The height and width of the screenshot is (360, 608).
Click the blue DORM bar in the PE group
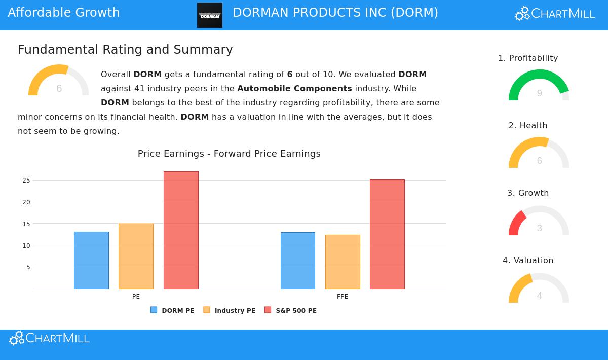(x=91, y=260)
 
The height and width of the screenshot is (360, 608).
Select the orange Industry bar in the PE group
(x=136, y=256)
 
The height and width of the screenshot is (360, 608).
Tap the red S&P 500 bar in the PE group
(x=181, y=230)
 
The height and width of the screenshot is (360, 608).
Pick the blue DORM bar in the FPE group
(x=298, y=261)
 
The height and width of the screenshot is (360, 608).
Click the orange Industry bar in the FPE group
(x=343, y=262)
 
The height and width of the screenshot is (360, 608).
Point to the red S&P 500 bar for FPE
(x=387, y=234)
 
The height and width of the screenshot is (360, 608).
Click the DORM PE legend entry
(x=172, y=310)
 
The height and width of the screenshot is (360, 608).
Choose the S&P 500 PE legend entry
(x=290, y=310)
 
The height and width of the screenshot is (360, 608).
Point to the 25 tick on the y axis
(x=26, y=181)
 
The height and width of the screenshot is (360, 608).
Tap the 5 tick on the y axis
(x=28, y=267)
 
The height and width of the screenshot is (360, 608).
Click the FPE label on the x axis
(x=343, y=297)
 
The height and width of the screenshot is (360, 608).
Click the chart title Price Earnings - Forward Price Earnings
(x=229, y=154)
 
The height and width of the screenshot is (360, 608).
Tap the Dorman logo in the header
(x=210, y=15)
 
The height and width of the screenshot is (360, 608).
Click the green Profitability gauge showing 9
(x=539, y=86)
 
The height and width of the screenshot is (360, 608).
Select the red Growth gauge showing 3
(x=539, y=221)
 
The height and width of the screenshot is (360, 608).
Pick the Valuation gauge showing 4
(x=539, y=289)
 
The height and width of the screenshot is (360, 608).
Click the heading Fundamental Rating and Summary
(x=125, y=50)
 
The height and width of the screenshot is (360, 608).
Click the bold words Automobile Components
(x=294, y=89)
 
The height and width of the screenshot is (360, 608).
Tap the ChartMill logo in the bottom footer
(x=50, y=338)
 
